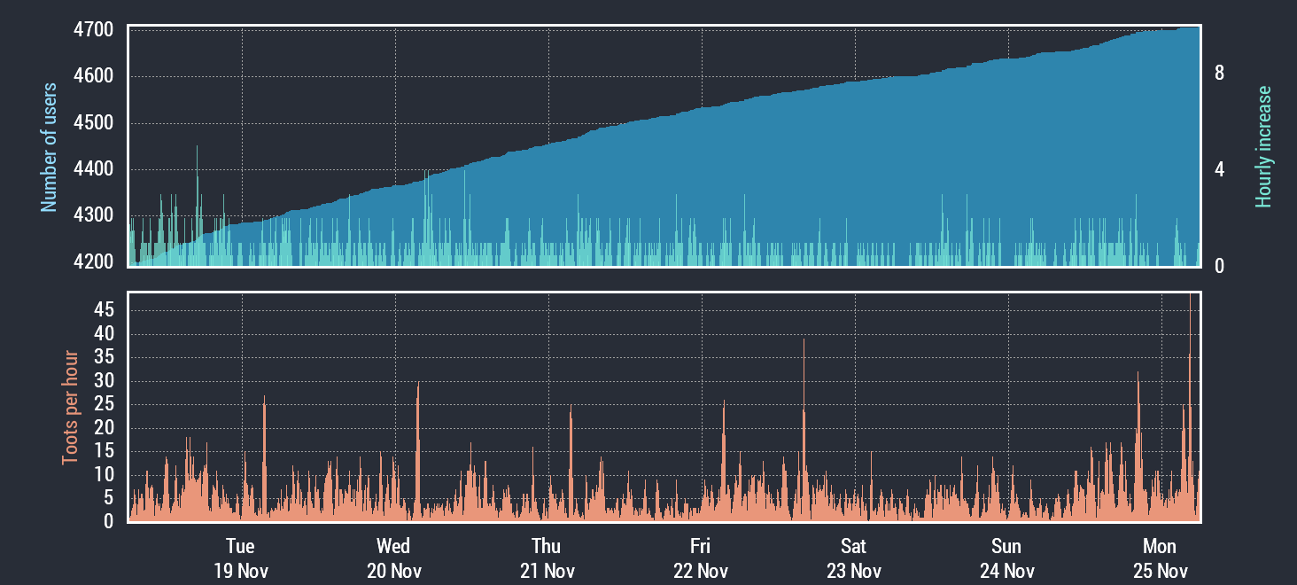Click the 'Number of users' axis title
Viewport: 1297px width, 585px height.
point(50,147)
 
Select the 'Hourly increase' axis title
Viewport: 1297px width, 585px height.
point(1263,147)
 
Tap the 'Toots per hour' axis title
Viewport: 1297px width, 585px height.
point(70,408)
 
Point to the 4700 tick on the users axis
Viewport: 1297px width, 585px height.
point(94,30)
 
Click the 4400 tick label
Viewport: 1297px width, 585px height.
point(94,169)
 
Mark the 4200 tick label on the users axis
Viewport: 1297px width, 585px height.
point(94,261)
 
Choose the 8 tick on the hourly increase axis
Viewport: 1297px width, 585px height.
point(1219,74)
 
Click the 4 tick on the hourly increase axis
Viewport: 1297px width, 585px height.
point(1219,169)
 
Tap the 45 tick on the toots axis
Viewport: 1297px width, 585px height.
point(104,310)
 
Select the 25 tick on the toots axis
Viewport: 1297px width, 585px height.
point(104,404)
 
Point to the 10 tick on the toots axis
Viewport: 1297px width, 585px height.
point(104,474)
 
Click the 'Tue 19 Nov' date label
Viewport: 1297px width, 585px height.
point(240,558)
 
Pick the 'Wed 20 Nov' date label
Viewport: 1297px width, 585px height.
point(393,558)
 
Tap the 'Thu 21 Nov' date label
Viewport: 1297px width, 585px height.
point(547,558)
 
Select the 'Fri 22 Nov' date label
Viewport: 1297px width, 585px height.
point(700,558)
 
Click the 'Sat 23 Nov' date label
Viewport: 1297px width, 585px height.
point(854,558)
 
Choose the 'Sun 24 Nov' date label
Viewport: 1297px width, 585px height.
point(1006,558)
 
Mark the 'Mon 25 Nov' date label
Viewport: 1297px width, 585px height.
point(1160,558)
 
